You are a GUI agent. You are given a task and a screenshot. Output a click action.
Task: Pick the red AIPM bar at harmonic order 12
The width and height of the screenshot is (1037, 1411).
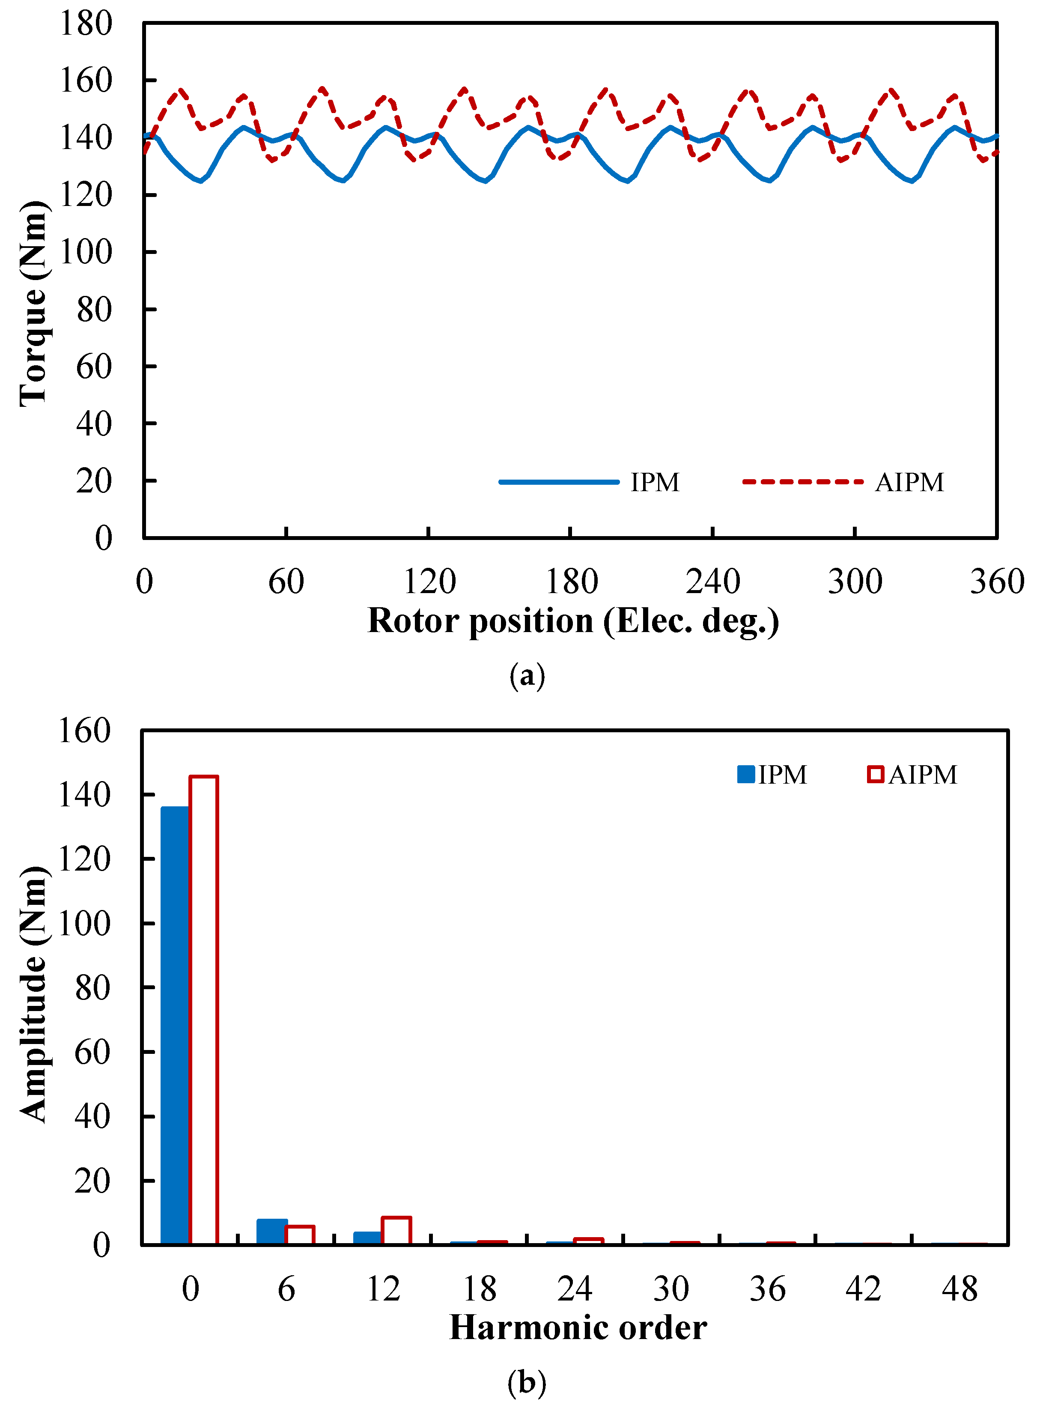[x=397, y=1230]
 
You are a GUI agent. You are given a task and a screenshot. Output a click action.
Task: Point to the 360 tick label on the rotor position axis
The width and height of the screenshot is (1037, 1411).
[x=997, y=581]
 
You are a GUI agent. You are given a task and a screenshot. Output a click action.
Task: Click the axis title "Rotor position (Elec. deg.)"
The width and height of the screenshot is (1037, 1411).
[x=573, y=621]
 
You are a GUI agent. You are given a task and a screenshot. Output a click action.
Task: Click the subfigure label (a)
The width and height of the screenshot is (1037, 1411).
[x=527, y=676]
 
